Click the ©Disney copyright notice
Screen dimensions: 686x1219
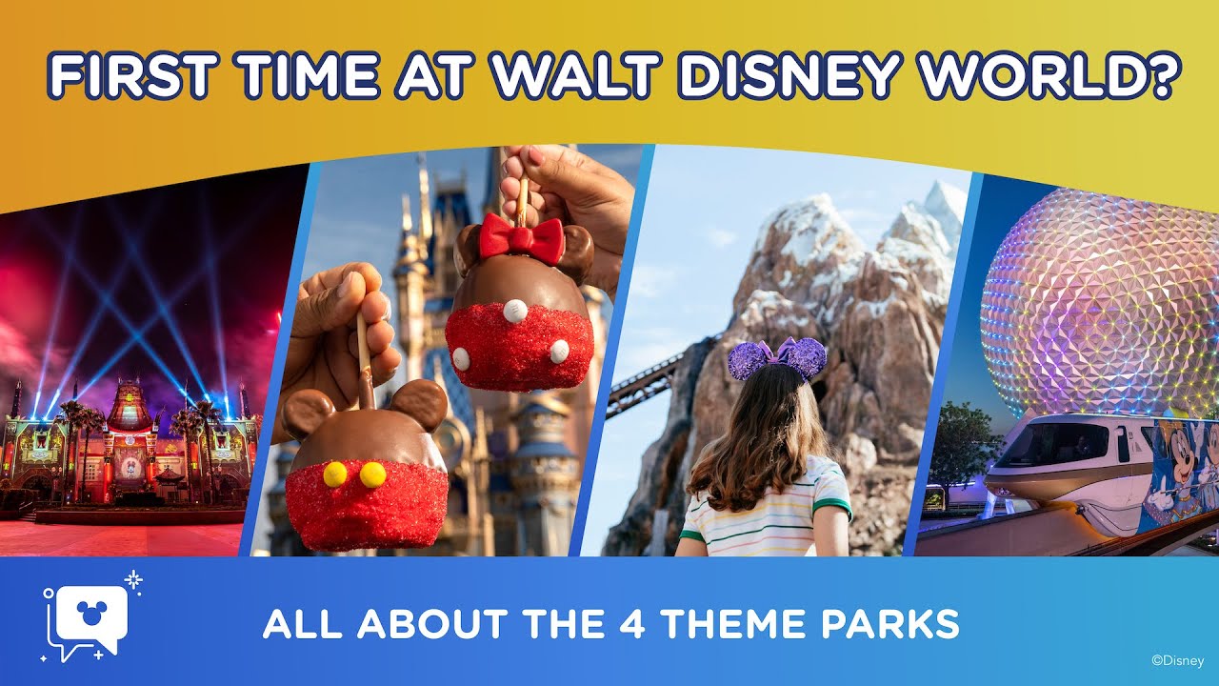(1177, 659)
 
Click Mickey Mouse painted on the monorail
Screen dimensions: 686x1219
(1171, 467)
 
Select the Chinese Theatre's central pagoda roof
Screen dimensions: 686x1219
(130, 405)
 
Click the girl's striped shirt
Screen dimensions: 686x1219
(767, 514)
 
